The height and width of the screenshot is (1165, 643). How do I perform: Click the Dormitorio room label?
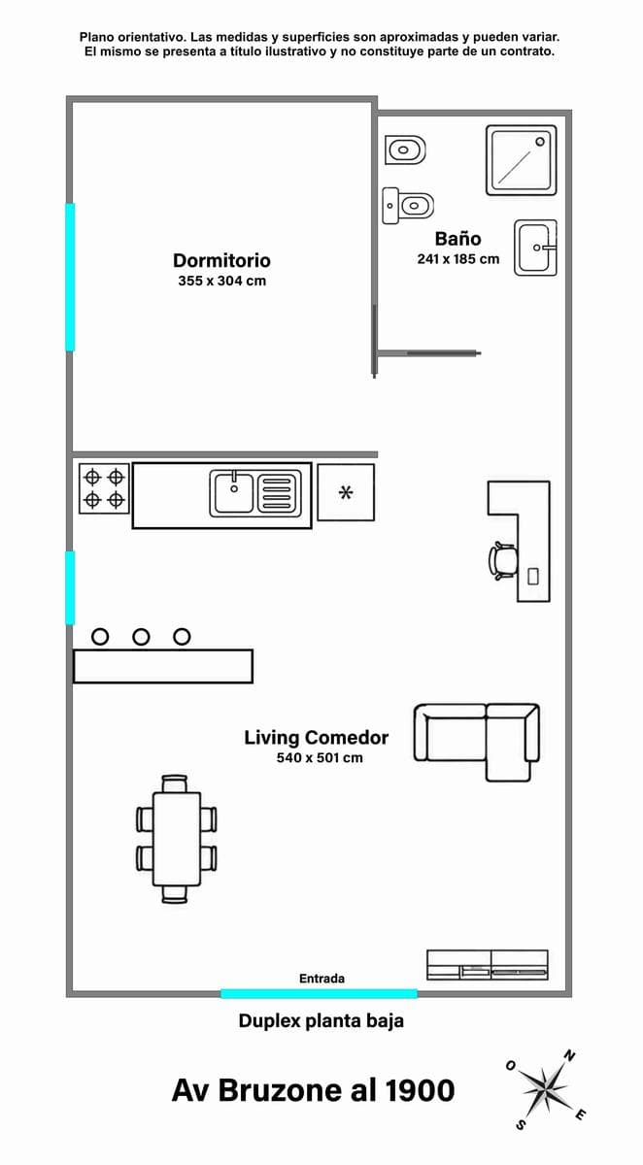click(221, 260)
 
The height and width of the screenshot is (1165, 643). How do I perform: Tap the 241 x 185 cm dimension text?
click(457, 258)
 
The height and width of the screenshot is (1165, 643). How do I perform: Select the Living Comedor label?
click(317, 738)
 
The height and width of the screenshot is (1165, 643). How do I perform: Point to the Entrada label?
click(321, 979)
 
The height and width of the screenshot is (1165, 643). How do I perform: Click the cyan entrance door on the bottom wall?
click(319, 994)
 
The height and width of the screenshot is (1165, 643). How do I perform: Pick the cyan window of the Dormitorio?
click(70, 277)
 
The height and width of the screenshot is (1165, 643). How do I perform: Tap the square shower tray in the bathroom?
click(522, 160)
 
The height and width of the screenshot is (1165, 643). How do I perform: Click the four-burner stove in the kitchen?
click(104, 489)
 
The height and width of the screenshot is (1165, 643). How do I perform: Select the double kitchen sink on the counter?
click(255, 493)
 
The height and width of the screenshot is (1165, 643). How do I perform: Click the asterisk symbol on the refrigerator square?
click(346, 492)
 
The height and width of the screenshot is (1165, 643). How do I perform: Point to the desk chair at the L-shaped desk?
click(502, 561)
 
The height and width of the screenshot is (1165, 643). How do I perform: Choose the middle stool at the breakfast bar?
click(141, 637)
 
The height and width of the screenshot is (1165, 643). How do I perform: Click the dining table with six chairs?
click(177, 839)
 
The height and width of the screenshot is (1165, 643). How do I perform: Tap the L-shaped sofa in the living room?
click(477, 742)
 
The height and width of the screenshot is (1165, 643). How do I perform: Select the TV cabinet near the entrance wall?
click(488, 965)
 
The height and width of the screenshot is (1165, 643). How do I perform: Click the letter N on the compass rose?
click(569, 1056)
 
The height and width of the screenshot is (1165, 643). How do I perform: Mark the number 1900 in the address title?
click(421, 1090)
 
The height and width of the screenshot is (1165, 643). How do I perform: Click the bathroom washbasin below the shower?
click(536, 248)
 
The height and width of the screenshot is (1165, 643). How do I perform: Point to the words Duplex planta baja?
click(321, 1021)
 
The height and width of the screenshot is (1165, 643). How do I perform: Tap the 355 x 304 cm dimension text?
click(222, 281)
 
